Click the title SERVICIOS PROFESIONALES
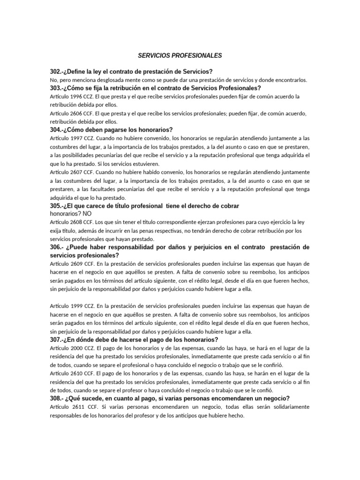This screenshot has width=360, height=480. [180, 56]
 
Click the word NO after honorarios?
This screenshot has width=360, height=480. [87, 214]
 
